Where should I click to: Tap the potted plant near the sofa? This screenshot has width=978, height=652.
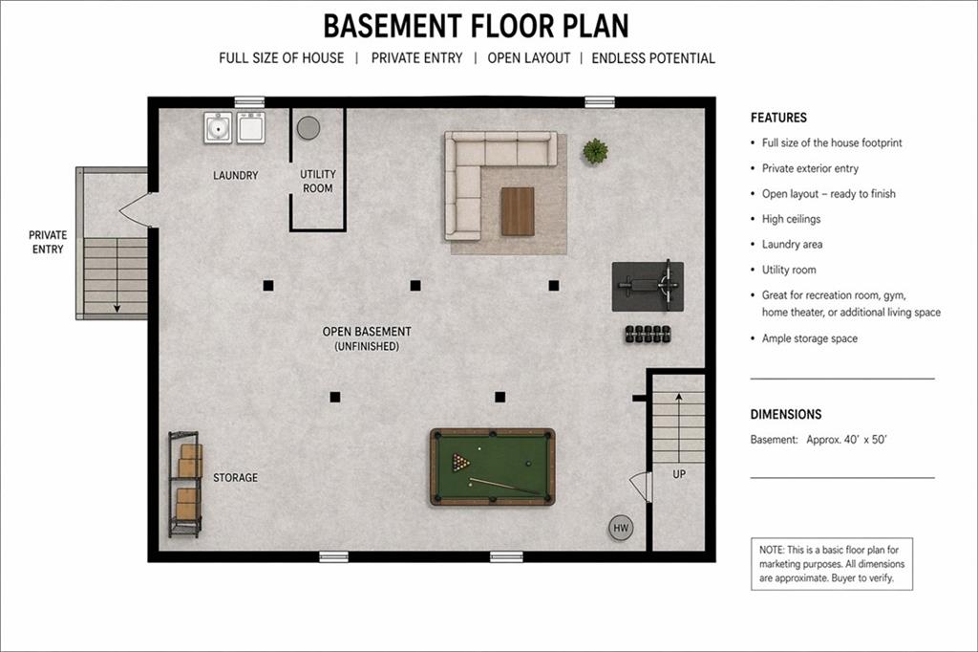595,150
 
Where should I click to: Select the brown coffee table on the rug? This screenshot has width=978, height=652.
518,211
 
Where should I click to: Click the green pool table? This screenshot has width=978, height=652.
492,467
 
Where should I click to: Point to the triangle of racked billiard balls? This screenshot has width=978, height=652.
461,463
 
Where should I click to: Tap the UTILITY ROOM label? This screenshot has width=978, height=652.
317,182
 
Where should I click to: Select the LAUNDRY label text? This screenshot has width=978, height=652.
235,176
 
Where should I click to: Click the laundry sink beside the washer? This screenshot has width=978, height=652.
218,127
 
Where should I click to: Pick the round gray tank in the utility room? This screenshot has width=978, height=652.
308,127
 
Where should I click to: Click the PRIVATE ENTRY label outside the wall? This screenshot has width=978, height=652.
47,242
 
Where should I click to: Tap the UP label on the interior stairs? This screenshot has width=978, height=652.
679,474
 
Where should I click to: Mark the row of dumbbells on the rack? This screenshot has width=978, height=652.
647,334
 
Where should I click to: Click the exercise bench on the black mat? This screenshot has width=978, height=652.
648,284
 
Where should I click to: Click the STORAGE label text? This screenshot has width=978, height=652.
235,478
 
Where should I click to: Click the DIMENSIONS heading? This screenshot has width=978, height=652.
786,415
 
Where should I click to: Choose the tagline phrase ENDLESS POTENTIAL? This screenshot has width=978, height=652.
653,58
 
